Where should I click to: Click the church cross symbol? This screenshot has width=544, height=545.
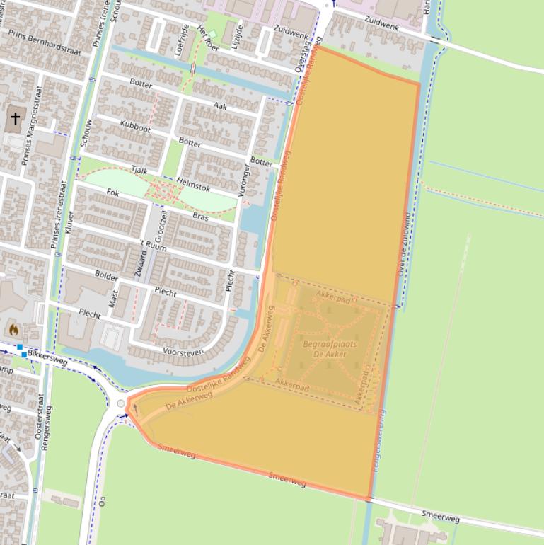point(15,119)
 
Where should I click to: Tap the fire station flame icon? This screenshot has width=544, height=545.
point(13,329)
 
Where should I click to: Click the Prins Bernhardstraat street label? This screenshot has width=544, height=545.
point(45,42)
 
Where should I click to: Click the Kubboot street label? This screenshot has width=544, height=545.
point(135,128)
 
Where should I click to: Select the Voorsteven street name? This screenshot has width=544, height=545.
point(183,351)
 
